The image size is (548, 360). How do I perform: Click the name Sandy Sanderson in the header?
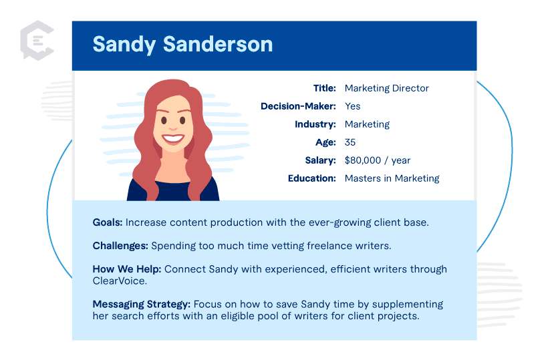pos(182,44)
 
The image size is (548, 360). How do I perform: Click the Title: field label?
pos(324,88)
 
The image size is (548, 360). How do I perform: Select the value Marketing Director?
pos(386,88)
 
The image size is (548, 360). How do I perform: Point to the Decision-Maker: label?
pos(298,106)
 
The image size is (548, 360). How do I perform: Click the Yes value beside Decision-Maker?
pos(352,106)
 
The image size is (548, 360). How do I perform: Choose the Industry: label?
pos(315,124)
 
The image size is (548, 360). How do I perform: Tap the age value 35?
pos(350,142)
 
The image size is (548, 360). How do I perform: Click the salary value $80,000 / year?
pos(377,160)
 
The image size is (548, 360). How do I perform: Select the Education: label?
pos(311,178)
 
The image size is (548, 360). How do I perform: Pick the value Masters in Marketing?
pos(392,178)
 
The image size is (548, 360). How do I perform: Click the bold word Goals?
pos(108,222)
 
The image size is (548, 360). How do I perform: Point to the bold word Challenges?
pos(120,246)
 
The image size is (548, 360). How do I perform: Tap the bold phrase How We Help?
pos(127,269)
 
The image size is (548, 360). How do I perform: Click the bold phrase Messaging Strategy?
pos(142,305)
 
